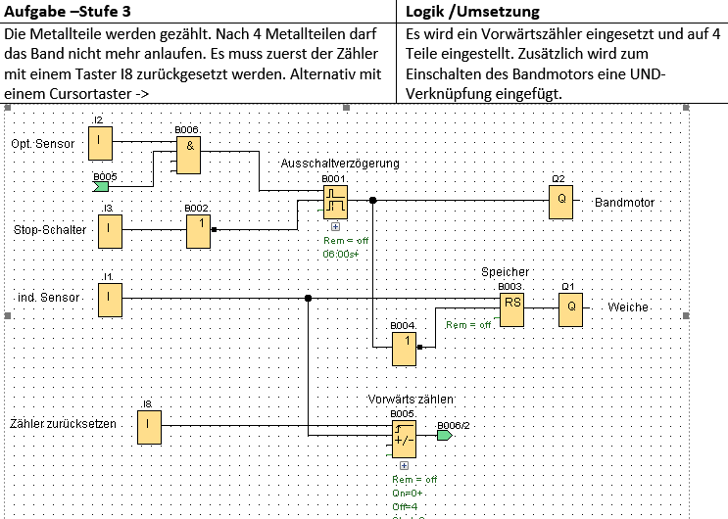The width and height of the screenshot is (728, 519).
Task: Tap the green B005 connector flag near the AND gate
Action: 102,184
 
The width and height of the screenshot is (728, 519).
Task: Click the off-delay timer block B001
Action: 335,202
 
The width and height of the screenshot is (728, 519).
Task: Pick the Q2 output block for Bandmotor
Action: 559,202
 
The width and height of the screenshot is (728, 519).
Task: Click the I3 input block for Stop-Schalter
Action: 110,230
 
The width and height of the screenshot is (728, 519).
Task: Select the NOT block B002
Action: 199,230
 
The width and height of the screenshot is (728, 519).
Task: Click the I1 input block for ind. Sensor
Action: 110,298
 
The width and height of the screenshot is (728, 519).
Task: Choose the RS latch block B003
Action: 512,308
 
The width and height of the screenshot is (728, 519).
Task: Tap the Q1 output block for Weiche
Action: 571,308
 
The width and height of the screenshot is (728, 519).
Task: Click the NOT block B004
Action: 406,348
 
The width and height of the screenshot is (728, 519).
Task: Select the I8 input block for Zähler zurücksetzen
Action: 149,425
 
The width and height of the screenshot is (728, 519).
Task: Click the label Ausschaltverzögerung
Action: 340,163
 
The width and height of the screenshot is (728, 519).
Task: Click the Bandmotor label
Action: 625,203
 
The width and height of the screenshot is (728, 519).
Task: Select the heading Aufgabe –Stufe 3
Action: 68,11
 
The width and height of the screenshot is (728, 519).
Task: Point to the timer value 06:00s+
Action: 341,253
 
